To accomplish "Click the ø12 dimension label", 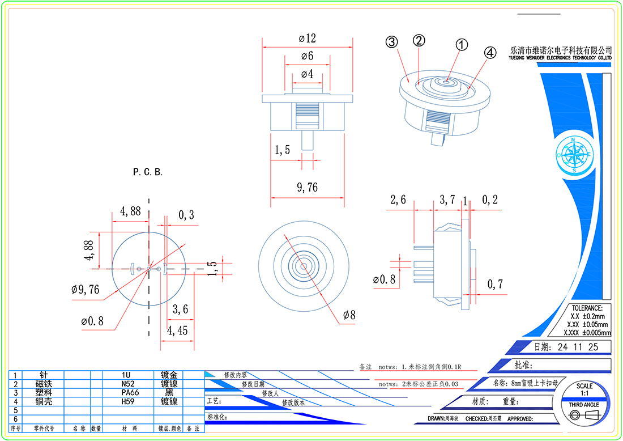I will tap(307, 39).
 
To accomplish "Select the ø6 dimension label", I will tap(307, 56).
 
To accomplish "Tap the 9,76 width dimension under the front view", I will tap(307, 188).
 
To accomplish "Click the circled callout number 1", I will tap(462, 45).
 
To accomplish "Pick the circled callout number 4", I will tap(490, 52).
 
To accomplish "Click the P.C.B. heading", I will tap(148, 172).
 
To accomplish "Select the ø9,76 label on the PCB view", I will tap(86, 290).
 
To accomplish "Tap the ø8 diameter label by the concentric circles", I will tap(349, 315).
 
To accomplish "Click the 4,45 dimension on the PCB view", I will tap(177, 330).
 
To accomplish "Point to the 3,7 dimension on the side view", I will tap(447, 200).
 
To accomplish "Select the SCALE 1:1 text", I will tap(585, 389).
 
